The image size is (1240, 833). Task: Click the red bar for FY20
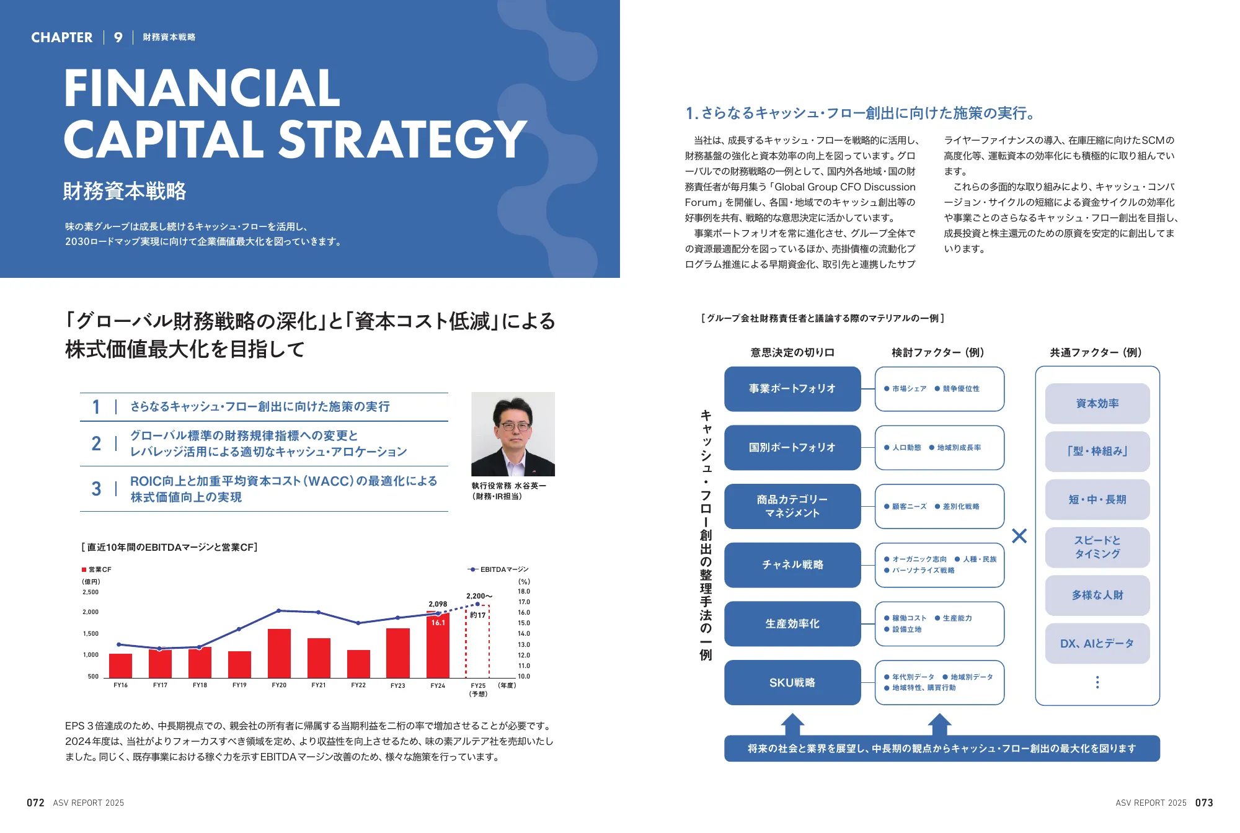[279, 653]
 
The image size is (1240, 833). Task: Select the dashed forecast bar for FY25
[477, 642]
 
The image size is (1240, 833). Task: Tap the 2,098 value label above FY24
[438, 604]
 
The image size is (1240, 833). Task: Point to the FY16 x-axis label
[121, 685]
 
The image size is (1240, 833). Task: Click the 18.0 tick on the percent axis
[524, 592]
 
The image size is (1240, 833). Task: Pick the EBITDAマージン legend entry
[498, 569]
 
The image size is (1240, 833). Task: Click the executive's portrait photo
[513, 434]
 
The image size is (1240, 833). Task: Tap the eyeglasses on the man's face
[515, 426]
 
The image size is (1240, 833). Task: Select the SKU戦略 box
[792, 682]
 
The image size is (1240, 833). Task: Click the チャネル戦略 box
[792, 565]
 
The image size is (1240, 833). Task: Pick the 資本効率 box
[1097, 404]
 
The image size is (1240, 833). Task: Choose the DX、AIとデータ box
[1097, 644]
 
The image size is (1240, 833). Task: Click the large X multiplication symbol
[1019, 536]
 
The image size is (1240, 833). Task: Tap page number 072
[35, 803]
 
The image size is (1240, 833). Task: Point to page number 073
[1204, 803]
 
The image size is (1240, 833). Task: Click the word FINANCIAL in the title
[202, 88]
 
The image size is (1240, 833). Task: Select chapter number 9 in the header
[118, 38]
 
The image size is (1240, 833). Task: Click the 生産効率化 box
[792, 624]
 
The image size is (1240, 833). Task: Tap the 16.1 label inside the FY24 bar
[438, 623]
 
